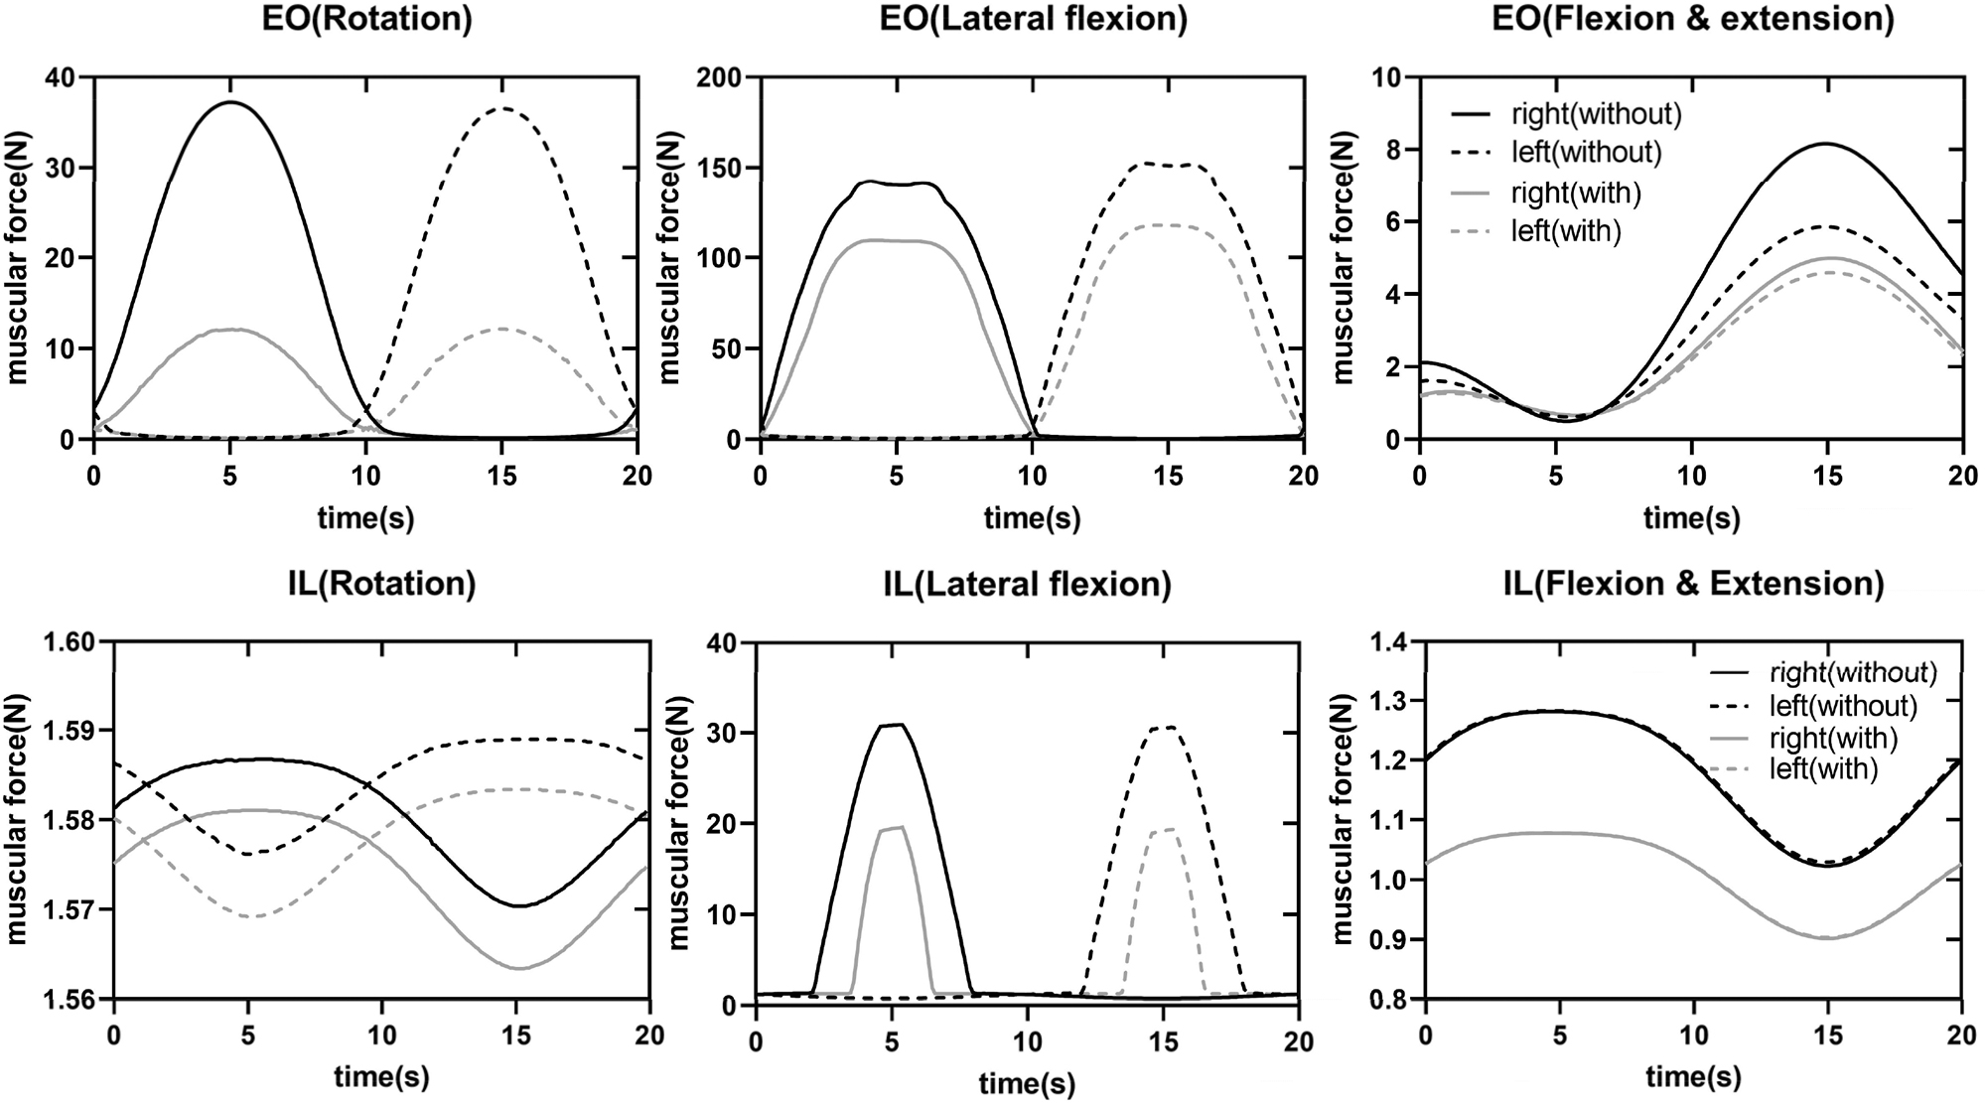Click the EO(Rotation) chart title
point(365,21)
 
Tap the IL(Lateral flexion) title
point(1027,585)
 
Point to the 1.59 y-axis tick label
point(68,732)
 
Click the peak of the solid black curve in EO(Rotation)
point(230,102)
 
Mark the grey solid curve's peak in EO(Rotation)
point(230,330)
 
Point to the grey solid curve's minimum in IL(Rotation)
point(519,968)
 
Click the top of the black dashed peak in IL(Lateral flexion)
point(1170,728)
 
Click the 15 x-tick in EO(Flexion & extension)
point(1827,476)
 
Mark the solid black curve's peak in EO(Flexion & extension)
point(1826,144)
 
